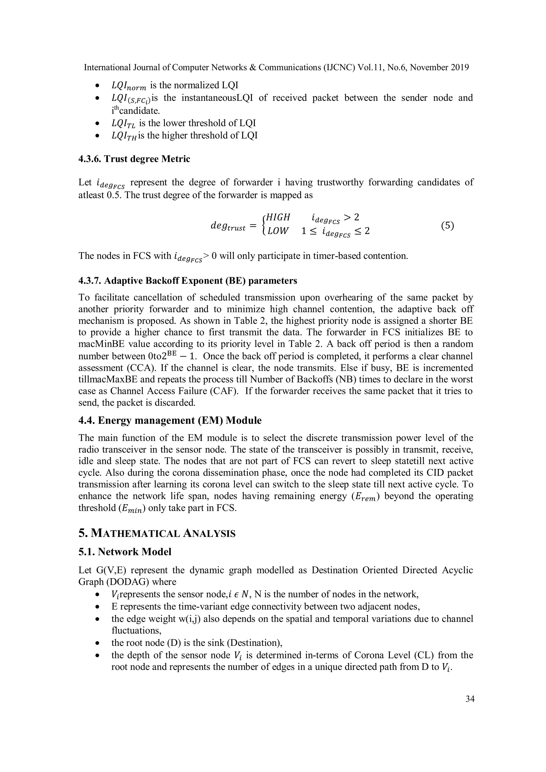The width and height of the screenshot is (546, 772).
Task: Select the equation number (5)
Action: pos(447,226)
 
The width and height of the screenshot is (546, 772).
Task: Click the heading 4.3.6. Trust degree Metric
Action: pos(134,159)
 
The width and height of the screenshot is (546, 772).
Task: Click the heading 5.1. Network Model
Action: pos(125,552)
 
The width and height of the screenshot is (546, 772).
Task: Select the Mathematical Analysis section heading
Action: pos(157,533)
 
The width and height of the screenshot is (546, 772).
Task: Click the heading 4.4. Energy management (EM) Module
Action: pos(170,421)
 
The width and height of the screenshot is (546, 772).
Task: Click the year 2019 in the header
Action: pos(460,68)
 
